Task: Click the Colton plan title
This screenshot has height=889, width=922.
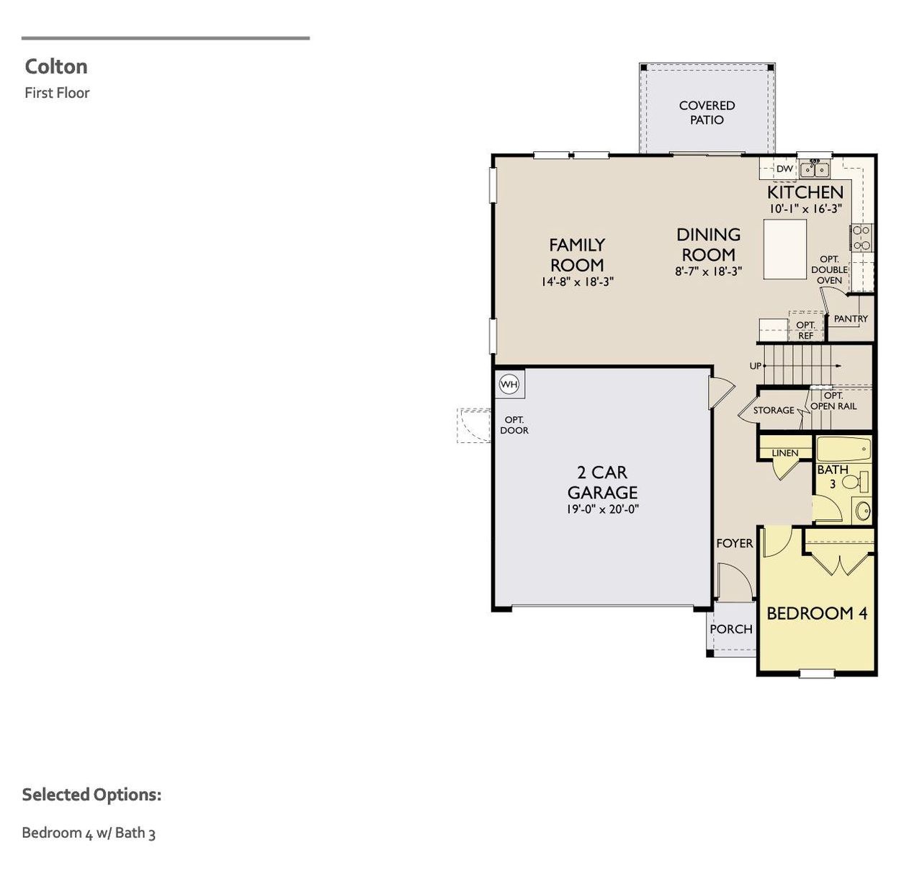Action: click(56, 66)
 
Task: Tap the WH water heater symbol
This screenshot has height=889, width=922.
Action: click(509, 384)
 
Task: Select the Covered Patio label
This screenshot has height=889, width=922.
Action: click(707, 112)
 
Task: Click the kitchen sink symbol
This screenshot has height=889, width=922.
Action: click(815, 170)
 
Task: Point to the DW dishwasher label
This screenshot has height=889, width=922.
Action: click(784, 169)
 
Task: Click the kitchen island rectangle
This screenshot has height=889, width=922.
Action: click(784, 249)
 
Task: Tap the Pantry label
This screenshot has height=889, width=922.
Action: click(851, 318)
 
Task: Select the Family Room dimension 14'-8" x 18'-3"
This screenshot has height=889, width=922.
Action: click(577, 282)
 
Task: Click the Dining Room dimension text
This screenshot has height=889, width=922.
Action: click(708, 272)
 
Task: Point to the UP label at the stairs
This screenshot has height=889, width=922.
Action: click(755, 366)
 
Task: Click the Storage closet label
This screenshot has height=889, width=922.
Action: click(774, 410)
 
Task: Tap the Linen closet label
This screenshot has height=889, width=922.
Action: click(784, 453)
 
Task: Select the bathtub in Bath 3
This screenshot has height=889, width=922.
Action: click(843, 449)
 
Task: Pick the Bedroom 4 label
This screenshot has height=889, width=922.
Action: click(817, 613)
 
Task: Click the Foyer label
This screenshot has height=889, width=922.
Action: click(734, 543)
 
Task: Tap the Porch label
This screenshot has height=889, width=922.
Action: click(730, 629)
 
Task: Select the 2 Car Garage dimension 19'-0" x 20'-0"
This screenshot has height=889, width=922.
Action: click(602, 509)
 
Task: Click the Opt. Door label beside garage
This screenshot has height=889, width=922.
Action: click(514, 425)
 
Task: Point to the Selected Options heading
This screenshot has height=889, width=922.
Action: click(91, 795)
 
